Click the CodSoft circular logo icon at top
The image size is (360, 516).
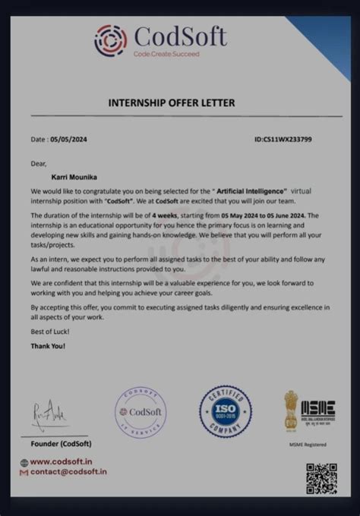click(x=111, y=40)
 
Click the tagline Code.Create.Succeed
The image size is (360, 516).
click(x=166, y=54)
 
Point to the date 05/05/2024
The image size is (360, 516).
click(x=68, y=140)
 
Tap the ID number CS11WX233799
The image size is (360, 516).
click(x=283, y=140)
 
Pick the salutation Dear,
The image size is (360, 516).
click(x=39, y=162)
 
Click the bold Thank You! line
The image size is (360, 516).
click(x=48, y=346)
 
